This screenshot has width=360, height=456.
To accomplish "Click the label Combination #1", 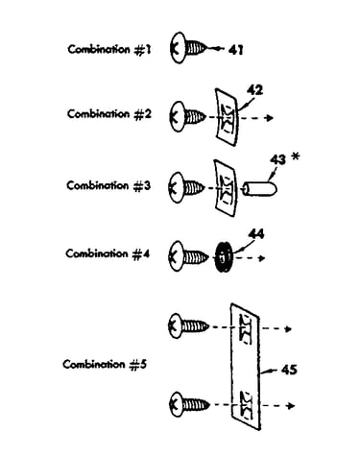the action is pyautogui.click(x=108, y=50).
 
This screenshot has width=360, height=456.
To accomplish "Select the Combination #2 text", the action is pyautogui.click(x=108, y=114).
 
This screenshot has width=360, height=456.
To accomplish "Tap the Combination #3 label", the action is pyautogui.click(x=108, y=185).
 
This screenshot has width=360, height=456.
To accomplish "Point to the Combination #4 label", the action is pyautogui.click(x=108, y=254).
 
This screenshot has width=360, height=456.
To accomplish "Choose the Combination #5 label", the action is pyautogui.click(x=105, y=365).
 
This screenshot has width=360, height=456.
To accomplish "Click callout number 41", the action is pyautogui.click(x=235, y=50).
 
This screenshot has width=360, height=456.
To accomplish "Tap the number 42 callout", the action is pyautogui.click(x=254, y=90).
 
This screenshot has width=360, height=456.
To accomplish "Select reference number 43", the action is pyautogui.click(x=277, y=159).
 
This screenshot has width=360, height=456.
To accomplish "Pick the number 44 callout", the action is pyautogui.click(x=256, y=234).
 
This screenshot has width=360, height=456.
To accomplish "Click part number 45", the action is pyautogui.click(x=289, y=370).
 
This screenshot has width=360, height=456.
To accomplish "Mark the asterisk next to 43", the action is pyautogui.click(x=296, y=156).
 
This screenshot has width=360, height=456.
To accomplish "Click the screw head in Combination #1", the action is pyautogui.click(x=178, y=48).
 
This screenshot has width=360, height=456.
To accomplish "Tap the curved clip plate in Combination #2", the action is pyautogui.click(x=227, y=117).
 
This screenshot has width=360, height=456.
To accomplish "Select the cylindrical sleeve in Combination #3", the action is pyautogui.click(x=259, y=189).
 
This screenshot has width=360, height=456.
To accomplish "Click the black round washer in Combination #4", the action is pyautogui.click(x=223, y=257).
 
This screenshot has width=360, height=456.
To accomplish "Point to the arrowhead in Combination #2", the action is pyautogui.click(x=270, y=118).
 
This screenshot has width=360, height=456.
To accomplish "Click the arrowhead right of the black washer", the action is pyautogui.click(x=262, y=258).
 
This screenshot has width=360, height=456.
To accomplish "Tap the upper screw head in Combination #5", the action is pyautogui.click(x=176, y=325).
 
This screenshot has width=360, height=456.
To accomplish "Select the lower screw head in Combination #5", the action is pyautogui.click(x=176, y=404).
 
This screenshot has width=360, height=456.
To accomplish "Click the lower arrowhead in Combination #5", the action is pyautogui.click(x=291, y=406).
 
